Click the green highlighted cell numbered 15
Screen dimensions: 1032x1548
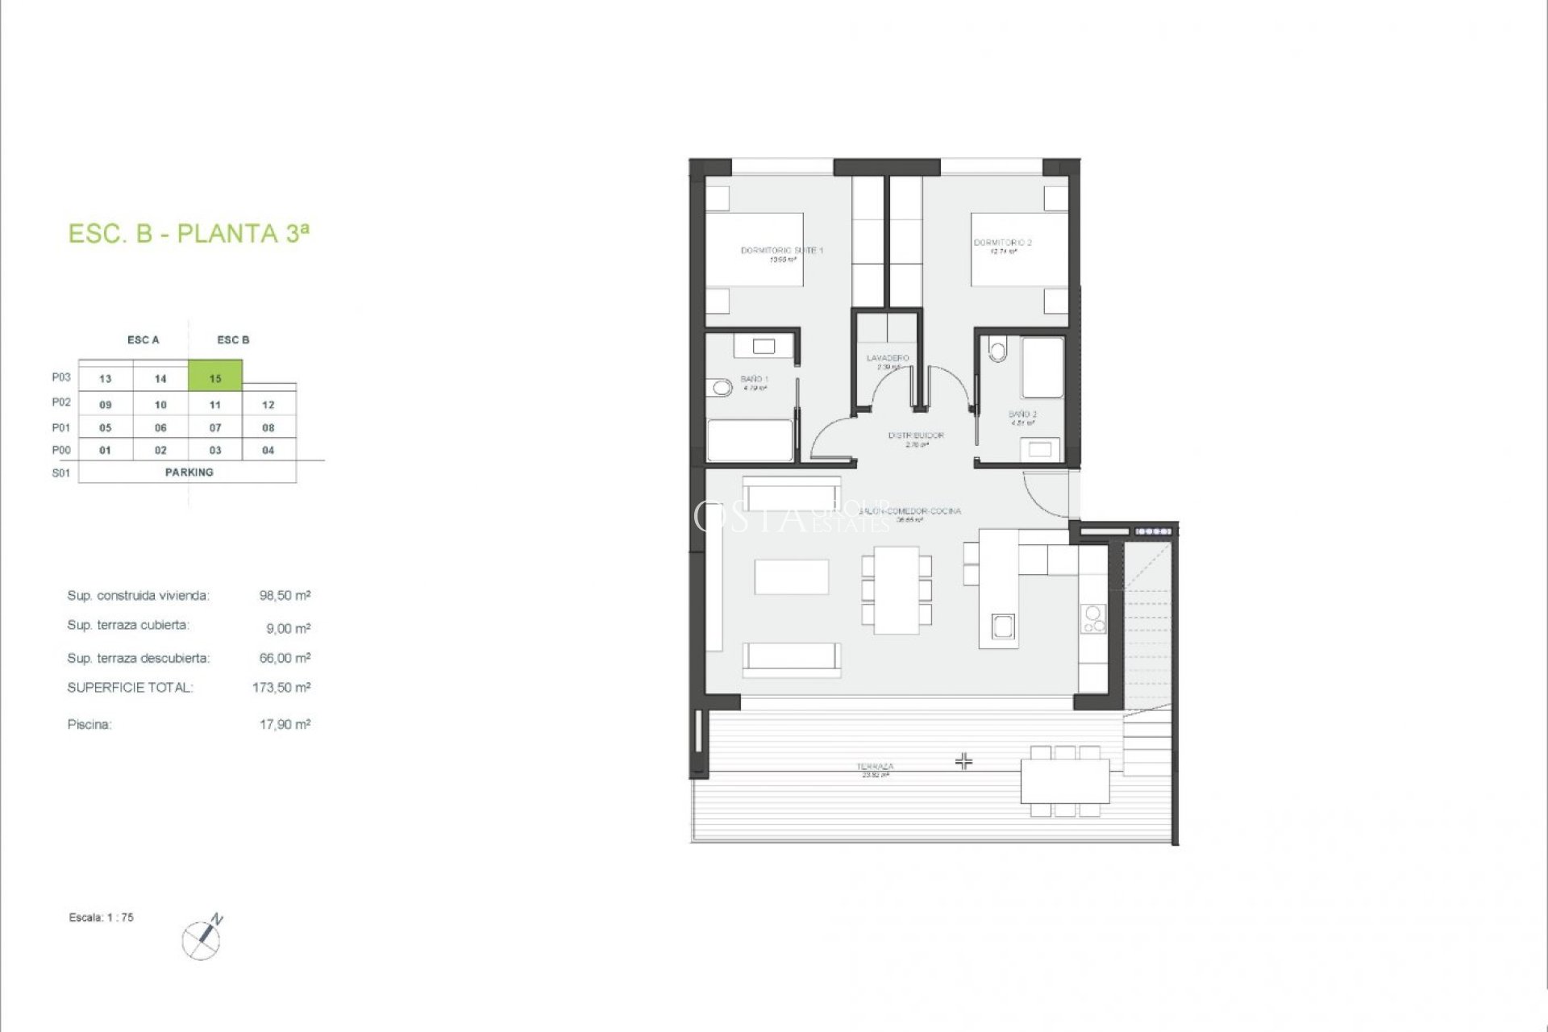[x=215, y=377]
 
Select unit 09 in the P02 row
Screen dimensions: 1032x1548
[x=106, y=404]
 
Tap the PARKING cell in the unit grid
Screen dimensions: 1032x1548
[x=189, y=472]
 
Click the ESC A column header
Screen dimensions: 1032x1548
[x=144, y=339]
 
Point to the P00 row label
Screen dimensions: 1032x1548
[x=61, y=450]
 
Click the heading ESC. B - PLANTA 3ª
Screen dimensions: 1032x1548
[x=189, y=233]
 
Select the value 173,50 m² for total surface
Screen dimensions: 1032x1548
[x=281, y=688]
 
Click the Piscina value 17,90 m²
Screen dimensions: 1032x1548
[x=285, y=724]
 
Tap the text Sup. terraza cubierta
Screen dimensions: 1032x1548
[x=128, y=625]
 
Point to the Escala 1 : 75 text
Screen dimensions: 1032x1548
[x=102, y=918]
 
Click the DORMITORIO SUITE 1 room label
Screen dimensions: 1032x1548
[x=781, y=251]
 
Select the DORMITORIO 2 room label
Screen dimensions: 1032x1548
[x=1002, y=243]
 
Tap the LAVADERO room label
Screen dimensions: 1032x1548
[x=888, y=358]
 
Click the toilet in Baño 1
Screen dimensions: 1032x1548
[x=722, y=389]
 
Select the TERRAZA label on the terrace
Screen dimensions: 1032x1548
[x=876, y=767]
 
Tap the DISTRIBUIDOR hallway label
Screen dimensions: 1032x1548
[x=916, y=435]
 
